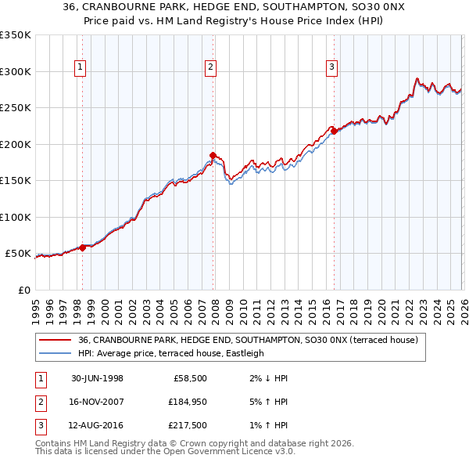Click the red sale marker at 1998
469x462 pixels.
coord(83,247)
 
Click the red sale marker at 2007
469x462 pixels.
coord(213,155)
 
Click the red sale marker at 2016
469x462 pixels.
coord(333,131)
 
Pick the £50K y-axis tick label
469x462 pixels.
coord(18,254)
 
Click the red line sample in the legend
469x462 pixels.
coord(55,340)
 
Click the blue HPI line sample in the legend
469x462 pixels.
coord(55,353)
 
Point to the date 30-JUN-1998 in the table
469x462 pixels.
coord(97,378)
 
